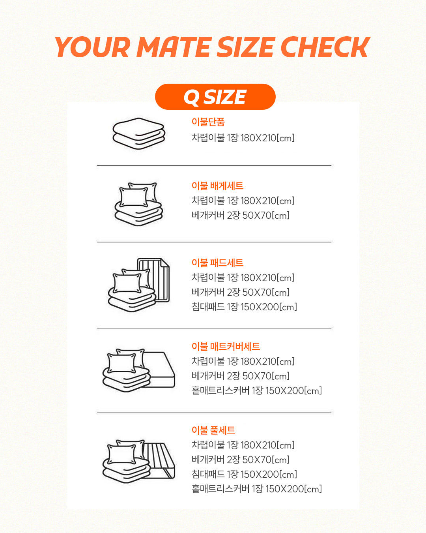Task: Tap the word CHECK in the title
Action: tap(325, 47)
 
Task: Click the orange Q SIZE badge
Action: tap(215, 97)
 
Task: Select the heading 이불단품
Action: tap(208, 122)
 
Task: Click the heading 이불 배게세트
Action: tap(217, 186)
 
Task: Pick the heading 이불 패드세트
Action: tap(217, 263)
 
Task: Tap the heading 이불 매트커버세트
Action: tap(226, 347)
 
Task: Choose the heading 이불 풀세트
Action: tap(213, 430)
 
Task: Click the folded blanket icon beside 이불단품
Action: tap(138, 134)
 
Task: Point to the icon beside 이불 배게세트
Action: tap(138, 204)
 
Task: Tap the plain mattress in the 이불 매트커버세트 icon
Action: tap(161, 370)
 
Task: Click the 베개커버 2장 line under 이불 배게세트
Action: tap(240, 215)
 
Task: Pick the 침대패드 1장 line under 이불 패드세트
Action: tap(244, 307)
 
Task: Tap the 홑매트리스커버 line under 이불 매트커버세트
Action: tap(257, 390)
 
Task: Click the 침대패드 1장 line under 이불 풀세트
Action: tap(244, 474)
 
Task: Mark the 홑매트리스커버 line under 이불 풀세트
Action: tap(257, 489)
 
